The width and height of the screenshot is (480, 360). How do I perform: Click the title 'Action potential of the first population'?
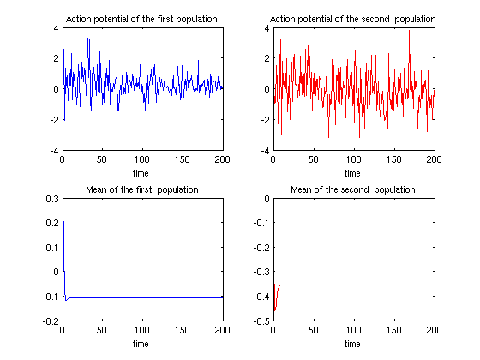pyautogui.click(x=141, y=19)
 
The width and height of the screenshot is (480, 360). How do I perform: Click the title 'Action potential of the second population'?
pyautogui.click(x=352, y=19)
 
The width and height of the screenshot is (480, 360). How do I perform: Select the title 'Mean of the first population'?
pyautogui.click(x=142, y=189)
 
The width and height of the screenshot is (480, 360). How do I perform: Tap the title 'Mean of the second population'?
pyautogui.click(x=353, y=189)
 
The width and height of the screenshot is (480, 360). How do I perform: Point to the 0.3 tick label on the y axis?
pyautogui.click(x=52, y=199)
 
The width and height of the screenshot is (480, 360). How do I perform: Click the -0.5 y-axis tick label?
pyautogui.click(x=261, y=321)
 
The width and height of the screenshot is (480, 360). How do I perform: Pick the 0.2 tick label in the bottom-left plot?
pyautogui.click(x=52, y=223)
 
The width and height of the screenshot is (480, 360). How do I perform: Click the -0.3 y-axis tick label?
pyautogui.click(x=261, y=272)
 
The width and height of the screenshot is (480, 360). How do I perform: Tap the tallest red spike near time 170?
pyautogui.click(x=409, y=30)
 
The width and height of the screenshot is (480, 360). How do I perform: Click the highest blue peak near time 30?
pyautogui.click(x=87, y=38)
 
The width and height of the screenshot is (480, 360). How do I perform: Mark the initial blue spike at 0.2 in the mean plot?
pyautogui.click(x=63, y=221)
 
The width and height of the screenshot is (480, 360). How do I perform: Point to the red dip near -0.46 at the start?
pyautogui.click(x=274, y=310)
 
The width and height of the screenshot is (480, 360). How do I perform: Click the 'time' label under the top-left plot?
pyautogui.click(x=141, y=173)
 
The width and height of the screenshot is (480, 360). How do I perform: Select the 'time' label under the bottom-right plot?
pyautogui.click(x=352, y=344)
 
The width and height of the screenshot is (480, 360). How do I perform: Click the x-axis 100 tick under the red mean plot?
pyautogui.click(x=353, y=330)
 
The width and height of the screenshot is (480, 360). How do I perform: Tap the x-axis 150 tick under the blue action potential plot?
pyautogui.click(x=183, y=159)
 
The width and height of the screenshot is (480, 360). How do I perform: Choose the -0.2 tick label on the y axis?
pyautogui.click(x=51, y=321)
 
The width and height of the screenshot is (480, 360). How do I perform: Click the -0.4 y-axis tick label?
pyautogui.click(x=261, y=297)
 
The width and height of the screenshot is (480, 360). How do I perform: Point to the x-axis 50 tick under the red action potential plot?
pyautogui.click(x=314, y=159)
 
